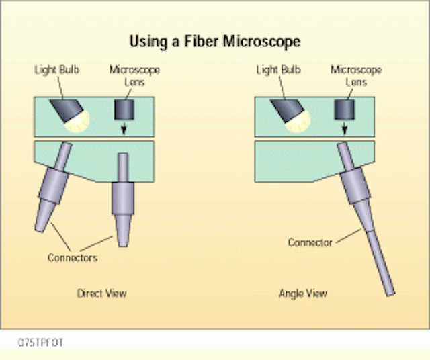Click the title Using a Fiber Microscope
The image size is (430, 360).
[x=215, y=42]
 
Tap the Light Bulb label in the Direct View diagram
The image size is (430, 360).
[x=56, y=70]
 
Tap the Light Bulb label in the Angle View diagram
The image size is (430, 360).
[x=278, y=70]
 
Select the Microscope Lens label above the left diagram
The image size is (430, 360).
[x=134, y=76]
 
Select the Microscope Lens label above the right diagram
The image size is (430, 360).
[x=356, y=76]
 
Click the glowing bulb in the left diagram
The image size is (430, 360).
[x=78, y=122]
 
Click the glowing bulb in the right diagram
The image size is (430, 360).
[x=299, y=122]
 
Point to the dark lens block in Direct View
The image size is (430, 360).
[x=124, y=109]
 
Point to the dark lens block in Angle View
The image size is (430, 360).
[x=345, y=109]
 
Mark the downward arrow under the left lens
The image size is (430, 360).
[x=124, y=128]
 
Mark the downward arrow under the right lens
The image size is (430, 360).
[x=345, y=128]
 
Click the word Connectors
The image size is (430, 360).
[x=73, y=258]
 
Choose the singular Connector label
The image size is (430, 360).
[x=310, y=242]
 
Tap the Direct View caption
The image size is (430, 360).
[x=101, y=294]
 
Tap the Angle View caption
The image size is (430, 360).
[x=303, y=294]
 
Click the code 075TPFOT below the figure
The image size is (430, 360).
[x=40, y=343]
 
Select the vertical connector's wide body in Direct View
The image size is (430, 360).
[x=123, y=198]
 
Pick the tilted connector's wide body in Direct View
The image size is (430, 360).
[x=54, y=185]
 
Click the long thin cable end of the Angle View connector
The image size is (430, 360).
[x=381, y=263]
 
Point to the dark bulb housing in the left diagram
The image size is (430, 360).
[x=67, y=109]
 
